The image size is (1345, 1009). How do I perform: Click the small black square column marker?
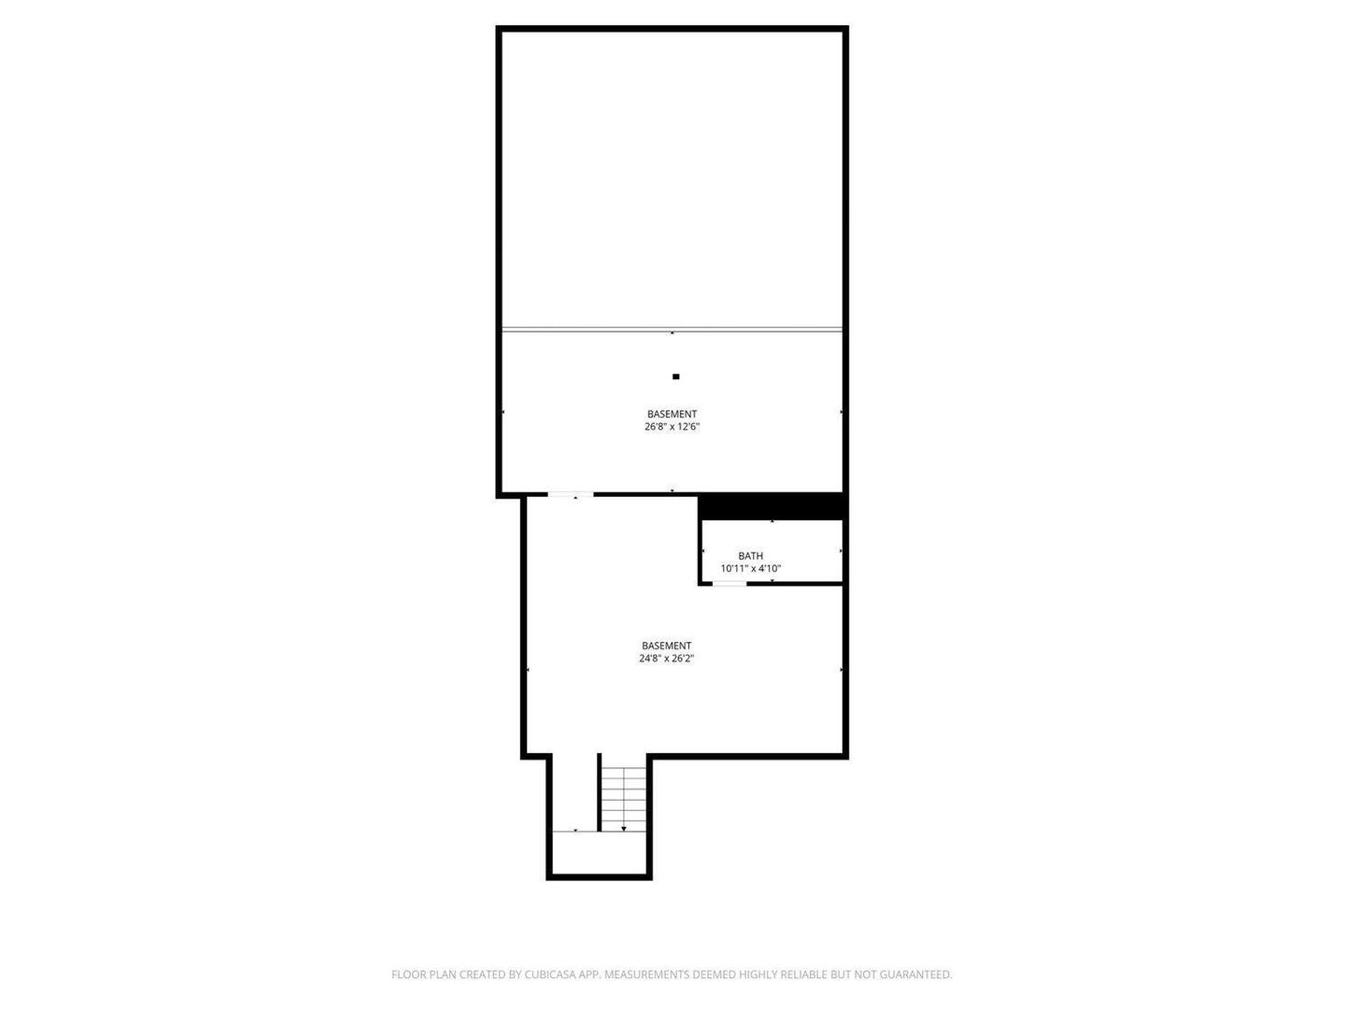[x=676, y=377]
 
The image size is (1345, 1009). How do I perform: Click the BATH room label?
[x=751, y=556]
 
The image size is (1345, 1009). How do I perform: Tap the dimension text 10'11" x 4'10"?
[x=751, y=569]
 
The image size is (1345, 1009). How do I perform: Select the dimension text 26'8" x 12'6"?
[x=672, y=426]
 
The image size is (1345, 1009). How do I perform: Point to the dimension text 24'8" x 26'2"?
[x=667, y=659]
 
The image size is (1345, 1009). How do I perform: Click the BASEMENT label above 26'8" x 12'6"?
[x=672, y=414]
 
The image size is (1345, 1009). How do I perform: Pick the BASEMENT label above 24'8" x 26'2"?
[x=667, y=646]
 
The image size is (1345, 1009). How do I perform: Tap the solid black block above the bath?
[x=772, y=506]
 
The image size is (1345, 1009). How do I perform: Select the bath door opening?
[x=729, y=584]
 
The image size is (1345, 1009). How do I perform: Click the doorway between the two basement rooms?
[x=571, y=494]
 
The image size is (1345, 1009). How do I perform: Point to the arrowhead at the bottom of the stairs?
[x=624, y=829]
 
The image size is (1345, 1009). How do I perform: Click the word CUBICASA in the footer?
[x=550, y=974]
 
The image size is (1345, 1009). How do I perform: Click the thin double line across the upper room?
[x=672, y=330]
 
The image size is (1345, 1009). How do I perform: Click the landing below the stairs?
[x=600, y=853]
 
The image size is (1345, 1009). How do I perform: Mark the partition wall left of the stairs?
[x=600, y=792]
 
